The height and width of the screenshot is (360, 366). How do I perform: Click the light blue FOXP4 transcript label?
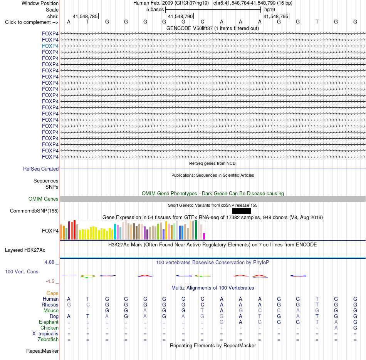(50, 46)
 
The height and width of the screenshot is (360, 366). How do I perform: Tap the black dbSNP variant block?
(241, 211)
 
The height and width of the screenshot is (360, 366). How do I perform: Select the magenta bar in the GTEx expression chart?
(204, 236)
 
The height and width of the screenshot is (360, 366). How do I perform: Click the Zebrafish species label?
(48, 340)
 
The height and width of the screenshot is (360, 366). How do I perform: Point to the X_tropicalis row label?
(45, 334)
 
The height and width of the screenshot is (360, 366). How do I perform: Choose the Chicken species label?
(49, 328)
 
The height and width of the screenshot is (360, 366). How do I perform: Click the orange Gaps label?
(52, 293)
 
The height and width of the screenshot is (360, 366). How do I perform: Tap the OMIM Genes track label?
(44, 199)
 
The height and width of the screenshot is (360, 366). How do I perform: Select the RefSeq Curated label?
(41, 169)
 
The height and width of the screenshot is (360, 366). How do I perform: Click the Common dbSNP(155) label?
(34, 211)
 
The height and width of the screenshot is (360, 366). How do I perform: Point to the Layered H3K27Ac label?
(25, 250)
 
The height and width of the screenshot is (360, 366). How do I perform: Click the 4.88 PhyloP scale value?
(49, 262)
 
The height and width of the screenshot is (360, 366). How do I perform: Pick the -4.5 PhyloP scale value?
(50, 281)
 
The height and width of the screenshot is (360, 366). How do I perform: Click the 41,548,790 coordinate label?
(180, 16)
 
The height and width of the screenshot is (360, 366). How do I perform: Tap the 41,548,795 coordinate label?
(276, 16)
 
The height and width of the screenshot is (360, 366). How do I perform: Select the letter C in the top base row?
(202, 22)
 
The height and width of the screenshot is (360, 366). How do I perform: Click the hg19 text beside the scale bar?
(270, 10)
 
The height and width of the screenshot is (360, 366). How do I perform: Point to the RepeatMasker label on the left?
(42, 351)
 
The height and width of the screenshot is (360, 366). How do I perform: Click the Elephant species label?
(49, 322)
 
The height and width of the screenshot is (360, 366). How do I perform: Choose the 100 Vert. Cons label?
(22, 271)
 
